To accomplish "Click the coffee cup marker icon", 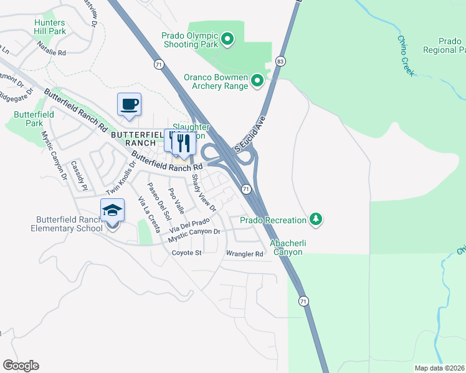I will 129,104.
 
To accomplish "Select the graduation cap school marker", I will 112,211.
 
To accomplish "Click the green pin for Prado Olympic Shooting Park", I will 227,40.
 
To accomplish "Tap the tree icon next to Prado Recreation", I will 316,219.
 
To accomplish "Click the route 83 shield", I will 280,61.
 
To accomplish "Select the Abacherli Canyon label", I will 286,247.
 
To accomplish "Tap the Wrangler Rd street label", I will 245,254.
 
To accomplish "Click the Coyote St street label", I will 188,253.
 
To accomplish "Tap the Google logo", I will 21,366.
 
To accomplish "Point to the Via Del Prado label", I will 189,226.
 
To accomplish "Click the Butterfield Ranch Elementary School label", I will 69,224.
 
